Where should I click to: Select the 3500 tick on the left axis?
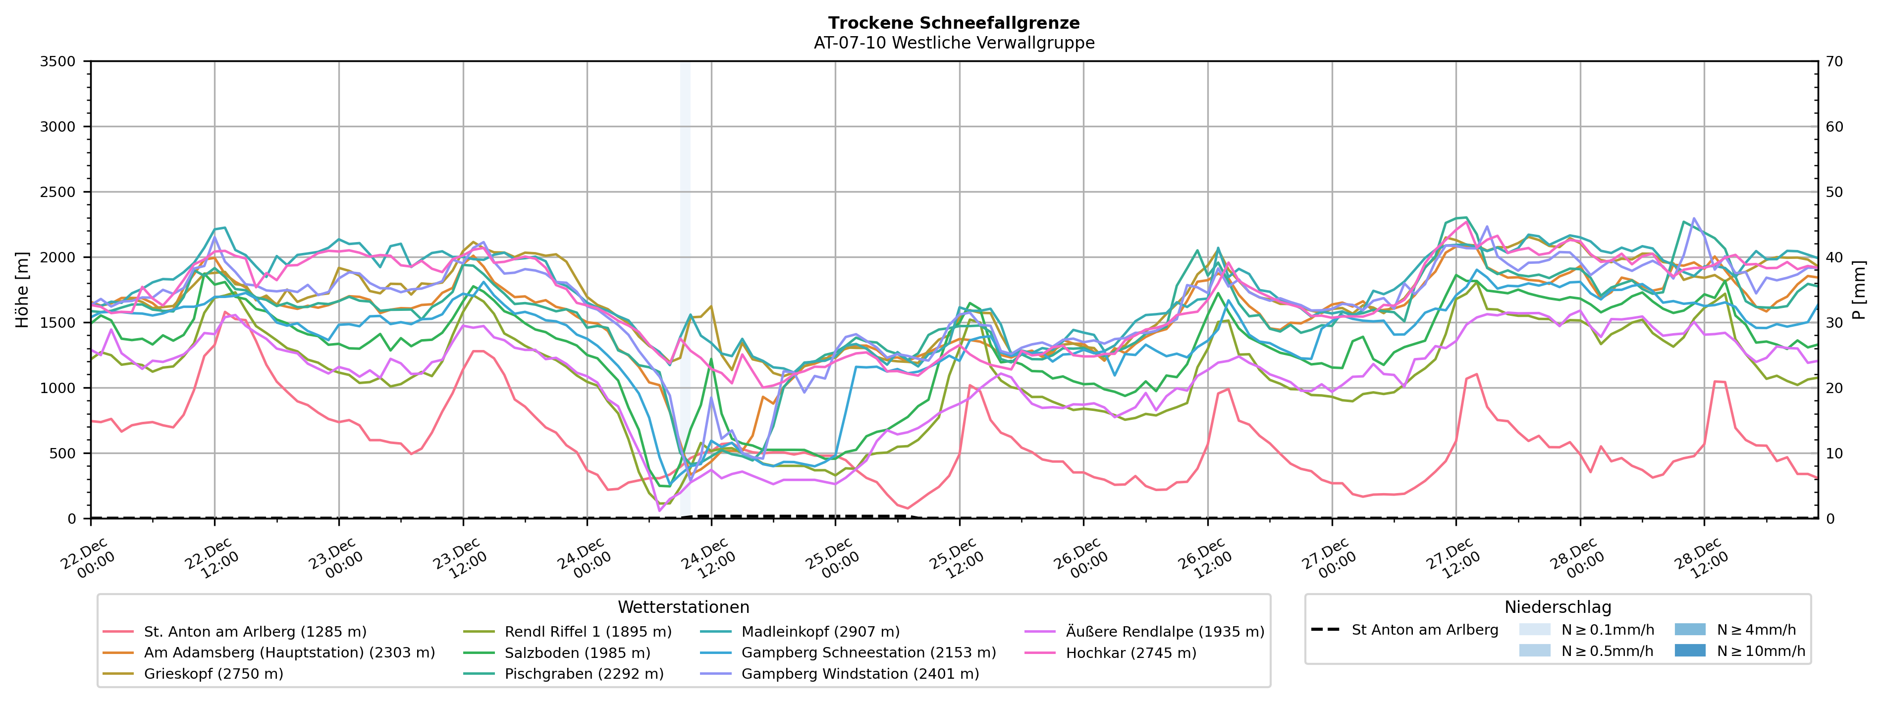[x=58, y=61]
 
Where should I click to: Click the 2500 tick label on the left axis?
[x=58, y=192]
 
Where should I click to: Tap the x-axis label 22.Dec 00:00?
[x=87, y=559]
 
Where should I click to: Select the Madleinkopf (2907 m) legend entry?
[x=820, y=632]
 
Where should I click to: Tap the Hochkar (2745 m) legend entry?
[x=1131, y=653]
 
